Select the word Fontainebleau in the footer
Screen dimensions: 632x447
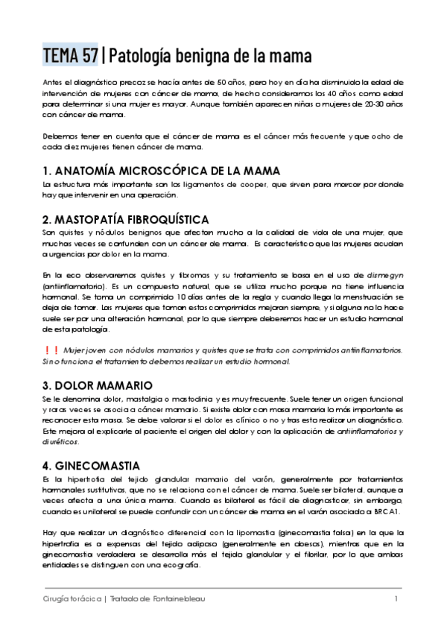[178, 598]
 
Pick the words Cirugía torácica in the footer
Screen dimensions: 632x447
[72, 598]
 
